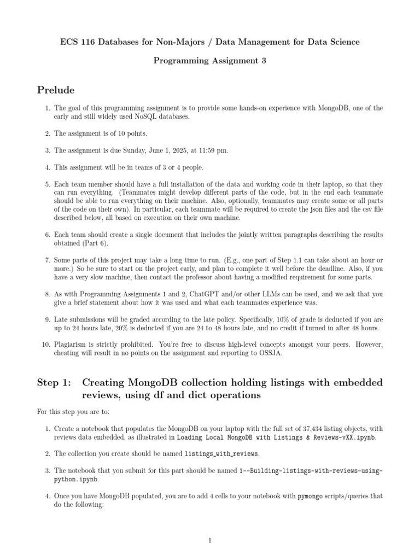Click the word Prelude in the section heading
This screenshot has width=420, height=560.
click(x=55, y=89)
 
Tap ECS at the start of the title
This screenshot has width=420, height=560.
click(x=68, y=42)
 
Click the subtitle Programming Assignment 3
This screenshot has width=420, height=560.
click(x=209, y=61)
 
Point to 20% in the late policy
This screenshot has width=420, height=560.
click(x=121, y=328)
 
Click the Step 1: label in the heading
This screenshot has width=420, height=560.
click(x=52, y=382)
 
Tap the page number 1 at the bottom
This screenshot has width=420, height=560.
click(x=209, y=541)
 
